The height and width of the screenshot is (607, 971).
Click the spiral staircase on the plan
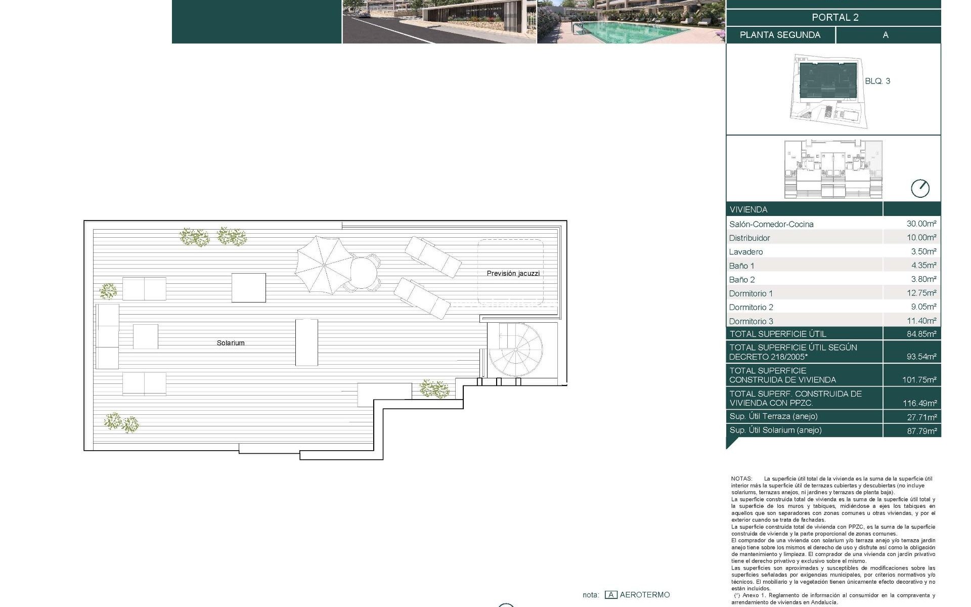point(515,350)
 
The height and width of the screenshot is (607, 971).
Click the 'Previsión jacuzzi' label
point(513,273)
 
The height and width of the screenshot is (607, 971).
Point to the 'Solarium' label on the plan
point(231,343)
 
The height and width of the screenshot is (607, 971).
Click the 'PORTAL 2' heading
point(835,17)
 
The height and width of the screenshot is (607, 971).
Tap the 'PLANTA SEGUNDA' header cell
point(780,35)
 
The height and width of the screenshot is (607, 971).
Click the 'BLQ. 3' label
point(877,81)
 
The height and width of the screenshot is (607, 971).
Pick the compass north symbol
point(920,188)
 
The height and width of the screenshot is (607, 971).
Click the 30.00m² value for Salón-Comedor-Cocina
point(921,224)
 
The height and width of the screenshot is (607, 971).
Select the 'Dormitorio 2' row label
point(751,307)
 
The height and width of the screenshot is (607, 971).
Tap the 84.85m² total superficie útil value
point(921,334)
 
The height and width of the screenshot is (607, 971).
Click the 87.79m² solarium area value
point(921,431)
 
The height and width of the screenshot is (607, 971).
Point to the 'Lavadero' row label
point(746,252)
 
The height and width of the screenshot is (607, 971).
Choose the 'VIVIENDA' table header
point(748,209)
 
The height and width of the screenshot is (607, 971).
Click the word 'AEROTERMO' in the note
point(645,595)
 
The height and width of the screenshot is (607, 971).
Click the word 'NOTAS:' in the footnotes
point(741,479)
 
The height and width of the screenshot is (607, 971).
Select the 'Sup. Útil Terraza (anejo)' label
point(773,416)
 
